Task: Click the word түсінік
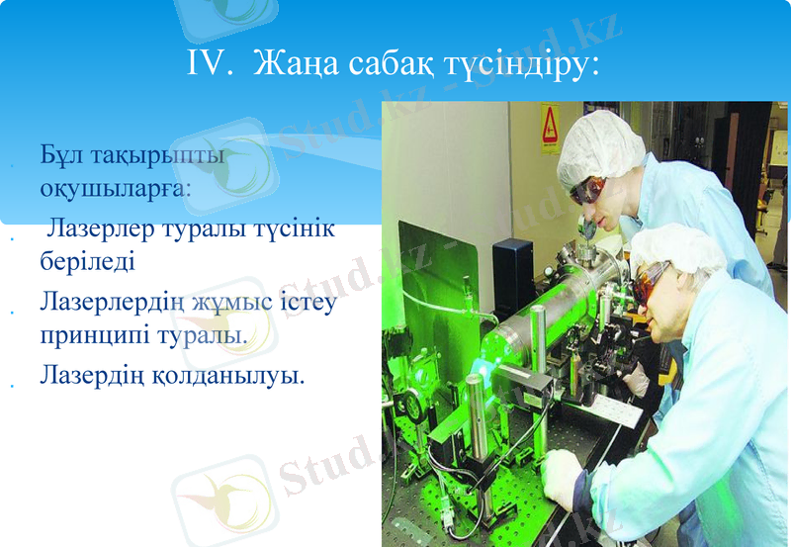288,229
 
